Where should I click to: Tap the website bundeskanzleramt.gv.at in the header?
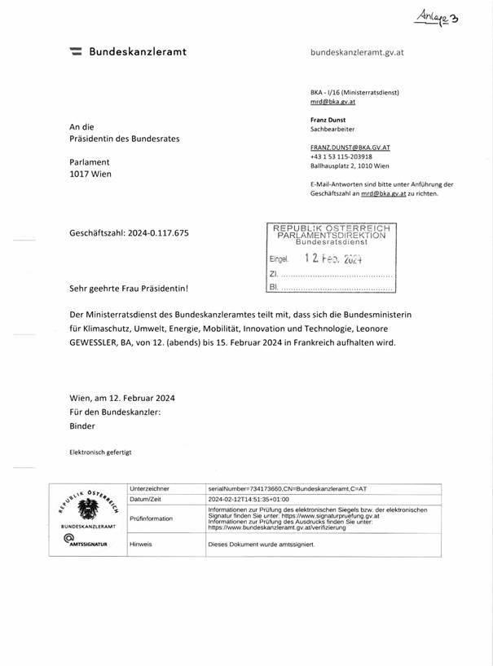click(x=357, y=52)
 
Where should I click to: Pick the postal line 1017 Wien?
click(x=90, y=174)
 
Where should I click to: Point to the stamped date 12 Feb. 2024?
click(x=332, y=258)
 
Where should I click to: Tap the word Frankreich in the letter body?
click(x=314, y=343)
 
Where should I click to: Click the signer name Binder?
click(x=82, y=426)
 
